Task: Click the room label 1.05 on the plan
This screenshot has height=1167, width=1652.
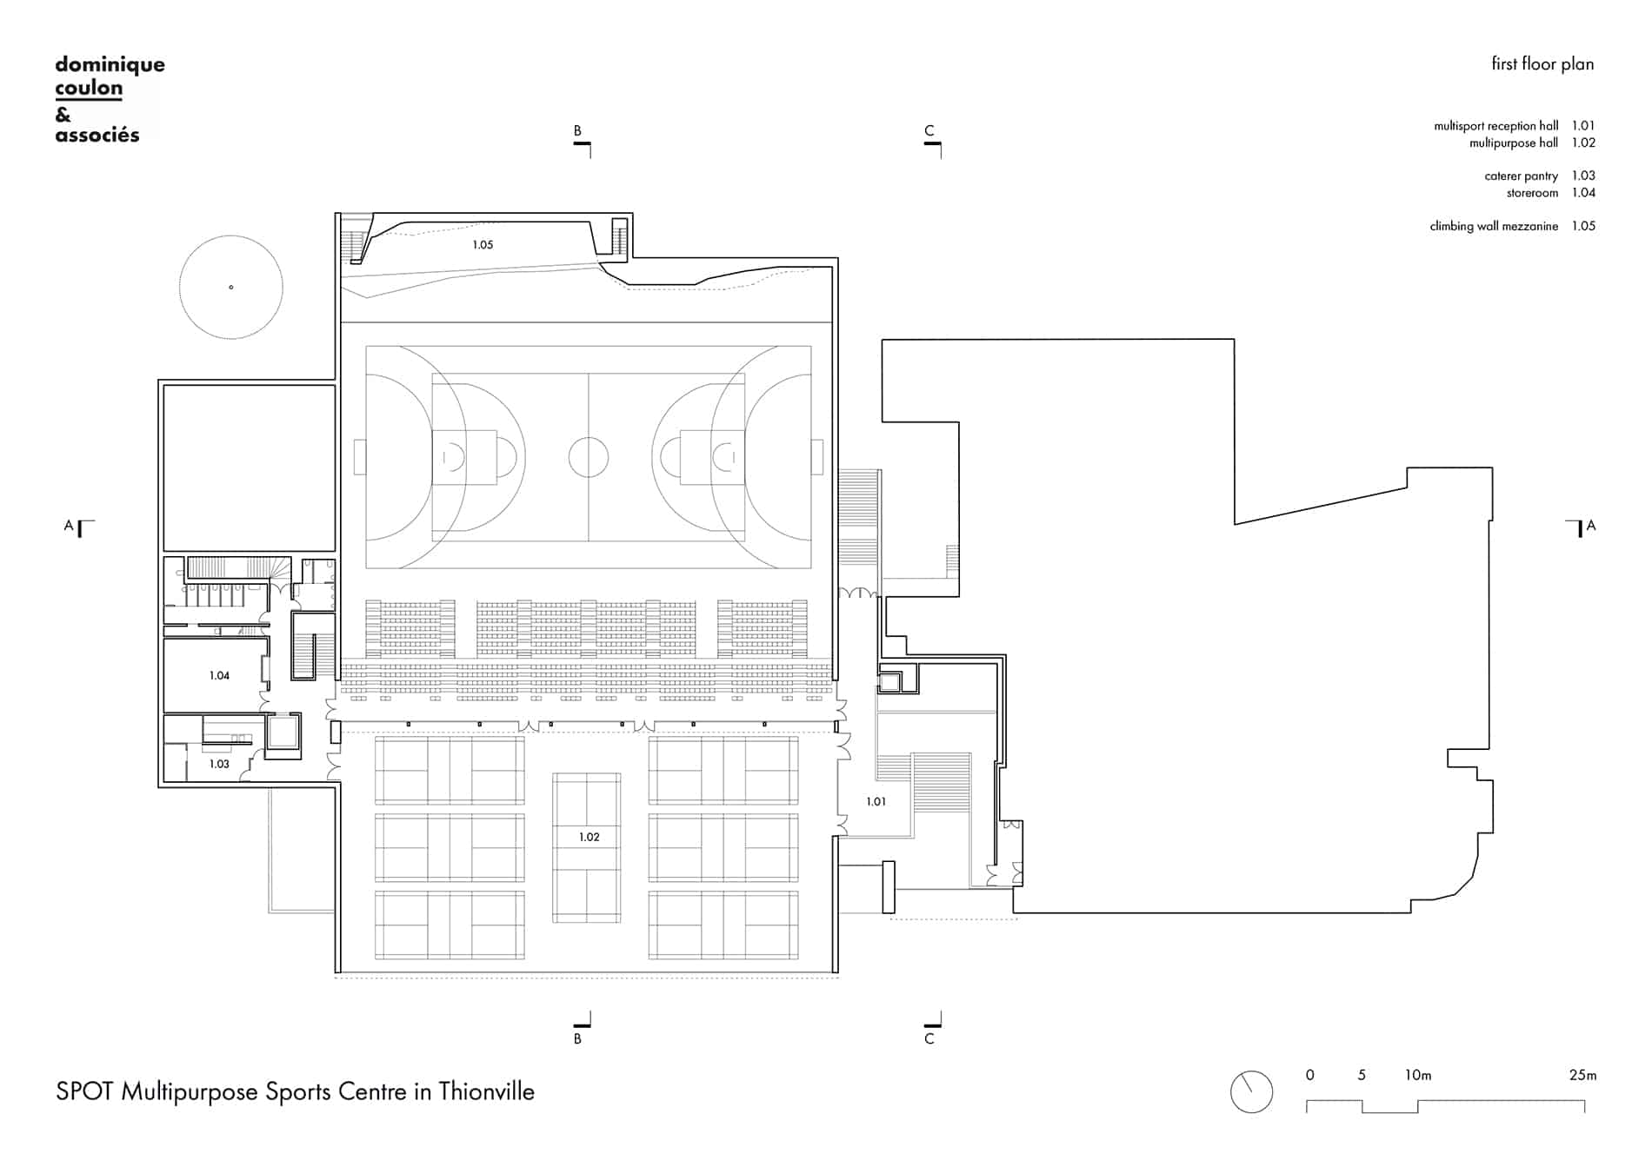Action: click(x=483, y=245)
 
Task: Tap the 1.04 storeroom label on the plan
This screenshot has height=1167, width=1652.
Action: click(x=219, y=675)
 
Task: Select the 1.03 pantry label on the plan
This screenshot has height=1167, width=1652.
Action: click(x=219, y=764)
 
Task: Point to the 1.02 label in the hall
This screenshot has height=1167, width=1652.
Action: click(x=590, y=837)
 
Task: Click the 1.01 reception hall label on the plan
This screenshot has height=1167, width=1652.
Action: click(x=876, y=801)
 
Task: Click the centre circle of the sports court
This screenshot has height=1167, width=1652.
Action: click(x=589, y=457)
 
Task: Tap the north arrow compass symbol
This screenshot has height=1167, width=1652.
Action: click(x=1252, y=1091)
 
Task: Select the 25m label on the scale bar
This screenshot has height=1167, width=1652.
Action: click(x=1582, y=1075)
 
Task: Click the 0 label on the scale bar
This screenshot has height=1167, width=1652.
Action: click(x=1310, y=1075)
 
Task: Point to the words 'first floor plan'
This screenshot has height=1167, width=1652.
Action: click(x=1542, y=63)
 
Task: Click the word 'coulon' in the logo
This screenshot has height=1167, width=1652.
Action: click(x=89, y=88)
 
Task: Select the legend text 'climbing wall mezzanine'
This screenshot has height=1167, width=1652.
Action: click(x=1494, y=226)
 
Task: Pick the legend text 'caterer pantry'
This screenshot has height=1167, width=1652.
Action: click(x=1521, y=176)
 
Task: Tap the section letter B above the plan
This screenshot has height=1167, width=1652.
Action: click(x=577, y=131)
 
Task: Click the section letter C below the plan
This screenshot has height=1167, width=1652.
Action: click(x=929, y=1038)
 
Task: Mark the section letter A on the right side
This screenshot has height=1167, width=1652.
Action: click(x=1591, y=525)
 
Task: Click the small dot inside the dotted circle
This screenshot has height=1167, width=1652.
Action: click(x=230, y=287)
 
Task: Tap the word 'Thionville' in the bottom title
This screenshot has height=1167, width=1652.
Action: click(x=486, y=1091)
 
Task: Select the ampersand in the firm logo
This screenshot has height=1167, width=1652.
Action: click(x=63, y=114)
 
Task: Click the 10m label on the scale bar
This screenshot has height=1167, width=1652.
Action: click(x=1417, y=1075)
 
